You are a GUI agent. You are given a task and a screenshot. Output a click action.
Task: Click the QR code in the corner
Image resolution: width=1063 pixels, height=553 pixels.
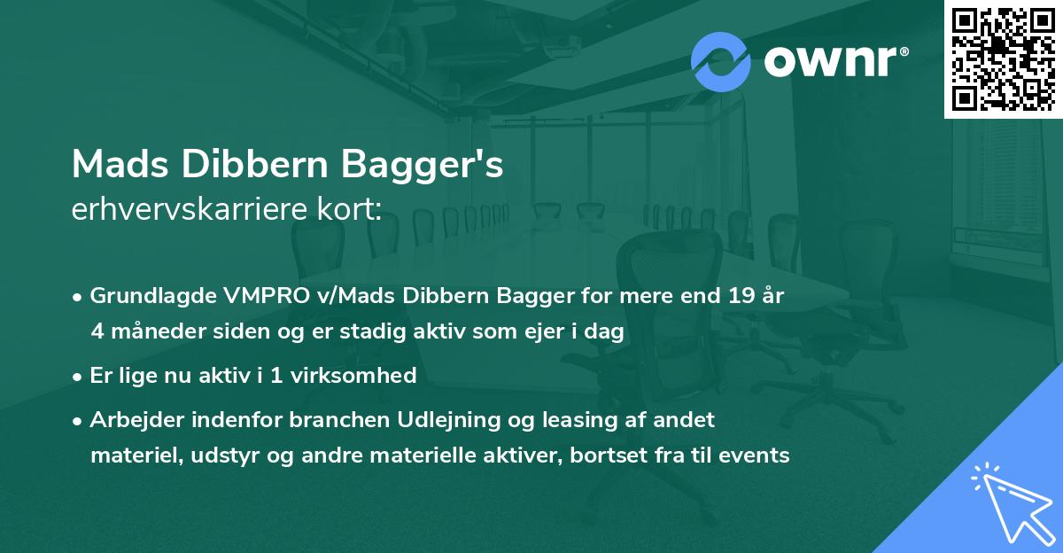point(1004,59)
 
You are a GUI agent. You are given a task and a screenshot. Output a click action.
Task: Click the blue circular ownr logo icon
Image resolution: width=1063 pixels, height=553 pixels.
point(720,62)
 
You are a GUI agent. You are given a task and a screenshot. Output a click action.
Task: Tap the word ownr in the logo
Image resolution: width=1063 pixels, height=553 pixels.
point(833,62)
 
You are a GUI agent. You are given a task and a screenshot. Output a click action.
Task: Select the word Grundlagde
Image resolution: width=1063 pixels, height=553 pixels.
point(144,296)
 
